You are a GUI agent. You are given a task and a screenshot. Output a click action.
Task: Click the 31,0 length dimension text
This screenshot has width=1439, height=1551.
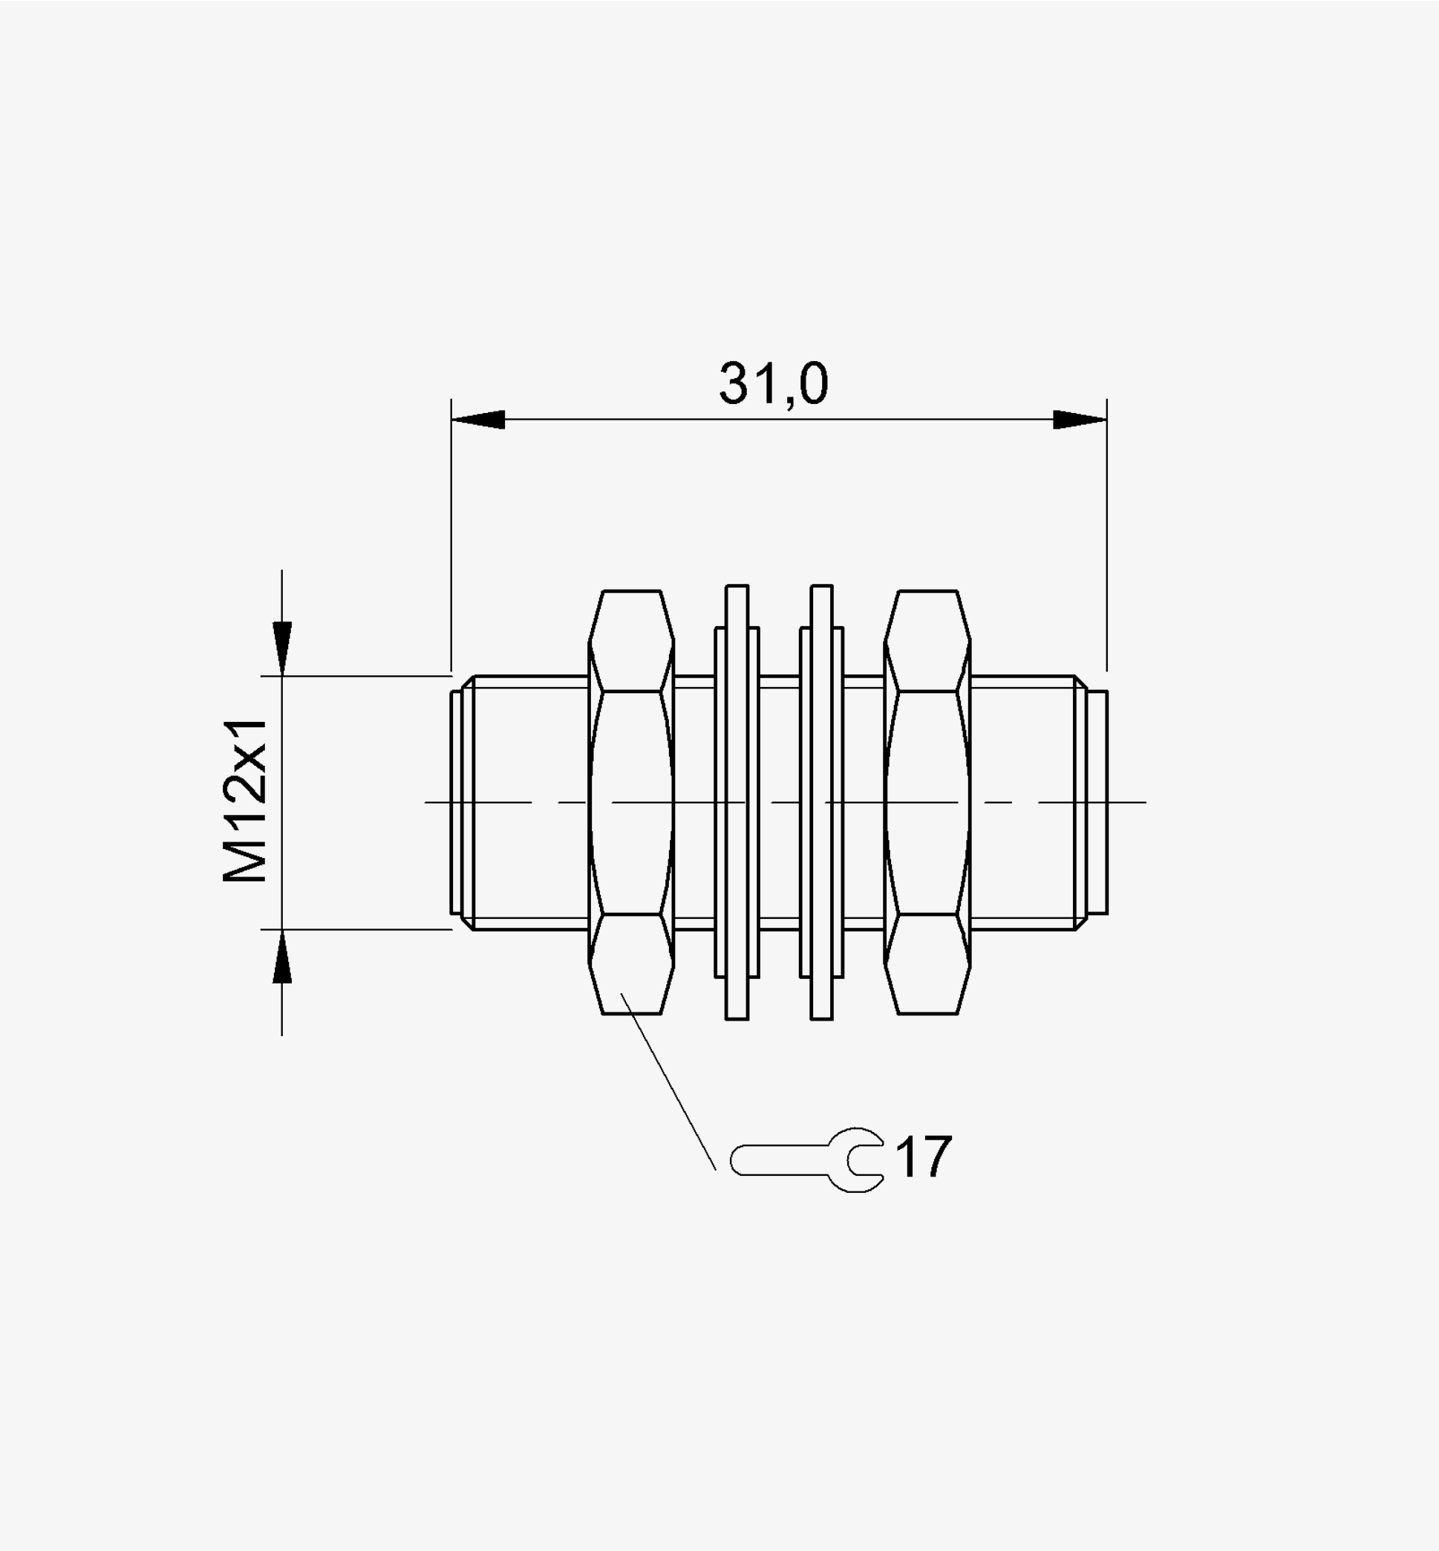tap(773, 384)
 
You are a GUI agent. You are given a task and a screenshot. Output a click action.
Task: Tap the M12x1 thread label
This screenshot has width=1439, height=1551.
tap(246, 801)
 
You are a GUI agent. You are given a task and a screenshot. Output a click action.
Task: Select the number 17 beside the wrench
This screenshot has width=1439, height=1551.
tap(924, 1157)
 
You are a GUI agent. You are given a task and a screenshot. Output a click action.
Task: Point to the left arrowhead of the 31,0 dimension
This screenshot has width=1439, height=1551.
tap(478, 420)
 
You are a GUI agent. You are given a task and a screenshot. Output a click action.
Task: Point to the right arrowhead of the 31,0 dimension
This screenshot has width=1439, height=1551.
tap(1080, 420)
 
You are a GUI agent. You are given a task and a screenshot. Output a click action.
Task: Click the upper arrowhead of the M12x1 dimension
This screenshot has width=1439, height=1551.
tap(282, 648)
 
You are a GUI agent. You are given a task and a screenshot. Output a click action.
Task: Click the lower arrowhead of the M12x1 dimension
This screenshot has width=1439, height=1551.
tap(282, 956)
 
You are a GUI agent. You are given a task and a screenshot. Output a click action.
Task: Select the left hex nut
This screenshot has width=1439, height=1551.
tap(631, 802)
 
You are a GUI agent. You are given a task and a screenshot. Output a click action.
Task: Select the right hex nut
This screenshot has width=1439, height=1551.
tap(927, 802)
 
